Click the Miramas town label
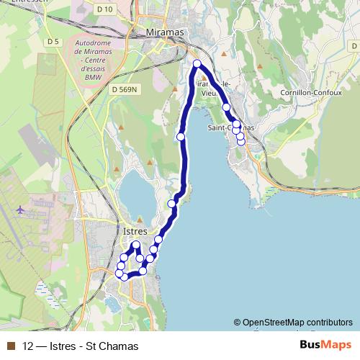pyautogui.click(x=164, y=33)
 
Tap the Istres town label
pyautogui.click(x=131, y=232)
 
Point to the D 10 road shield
pyautogui.click(x=104, y=9)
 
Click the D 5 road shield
pyautogui.click(x=52, y=42)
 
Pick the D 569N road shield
pyautogui.click(x=125, y=89)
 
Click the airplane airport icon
pyautogui.click(x=19, y=210)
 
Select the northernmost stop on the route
pyautogui.click(x=197, y=65)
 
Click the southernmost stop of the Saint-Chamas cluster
pyautogui.click(x=241, y=141)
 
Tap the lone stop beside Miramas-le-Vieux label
pyautogui.click(x=226, y=107)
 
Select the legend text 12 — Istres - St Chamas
pyautogui.click(x=80, y=346)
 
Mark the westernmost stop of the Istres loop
pyautogui.click(x=120, y=272)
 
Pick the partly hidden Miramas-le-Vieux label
pyautogui.click(x=213, y=88)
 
